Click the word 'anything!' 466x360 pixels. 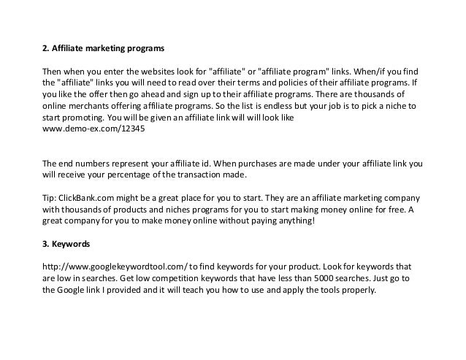coord(297,222)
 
